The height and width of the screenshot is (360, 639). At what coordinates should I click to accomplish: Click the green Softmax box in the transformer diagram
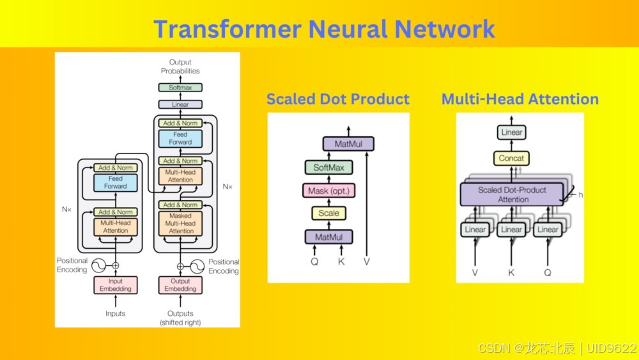(x=180, y=87)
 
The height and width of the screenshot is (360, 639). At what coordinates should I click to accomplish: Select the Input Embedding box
(x=115, y=285)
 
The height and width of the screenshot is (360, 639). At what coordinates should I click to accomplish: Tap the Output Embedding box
(x=180, y=285)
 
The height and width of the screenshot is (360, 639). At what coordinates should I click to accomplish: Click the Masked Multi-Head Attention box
(x=180, y=223)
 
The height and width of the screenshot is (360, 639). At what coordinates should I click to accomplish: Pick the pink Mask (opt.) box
(x=329, y=191)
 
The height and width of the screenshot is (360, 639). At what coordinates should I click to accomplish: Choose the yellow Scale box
(x=329, y=213)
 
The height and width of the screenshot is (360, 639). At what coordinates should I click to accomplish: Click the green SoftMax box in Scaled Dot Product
(x=329, y=167)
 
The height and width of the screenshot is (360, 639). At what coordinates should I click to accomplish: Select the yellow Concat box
(x=511, y=158)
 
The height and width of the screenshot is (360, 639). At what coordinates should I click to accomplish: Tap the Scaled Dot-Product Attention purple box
(x=512, y=194)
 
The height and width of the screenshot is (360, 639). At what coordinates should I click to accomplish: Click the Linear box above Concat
(x=511, y=132)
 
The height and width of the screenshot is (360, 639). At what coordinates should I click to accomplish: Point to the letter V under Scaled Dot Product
(x=367, y=262)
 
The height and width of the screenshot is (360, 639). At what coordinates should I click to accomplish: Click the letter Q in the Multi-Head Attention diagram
(x=548, y=273)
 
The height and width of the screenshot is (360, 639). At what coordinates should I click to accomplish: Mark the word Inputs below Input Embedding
(x=115, y=313)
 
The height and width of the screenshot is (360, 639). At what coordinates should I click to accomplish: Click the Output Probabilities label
(x=180, y=67)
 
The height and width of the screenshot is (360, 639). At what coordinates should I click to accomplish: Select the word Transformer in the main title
(x=227, y=29)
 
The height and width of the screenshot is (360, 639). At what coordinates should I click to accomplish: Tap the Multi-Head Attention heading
(x=520, y=99)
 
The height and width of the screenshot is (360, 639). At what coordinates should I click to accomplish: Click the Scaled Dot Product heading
(x=338, y=99)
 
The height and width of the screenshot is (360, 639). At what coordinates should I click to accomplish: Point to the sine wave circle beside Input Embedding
(x=98, y=265)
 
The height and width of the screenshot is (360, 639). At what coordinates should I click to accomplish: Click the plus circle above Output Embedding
(x=180, y=266)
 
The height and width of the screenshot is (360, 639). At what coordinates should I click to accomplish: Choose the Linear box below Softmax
(x=180, y=104)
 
